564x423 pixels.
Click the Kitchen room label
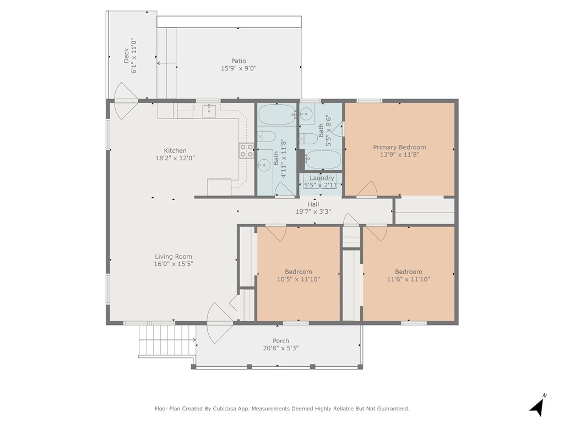click(175, 151)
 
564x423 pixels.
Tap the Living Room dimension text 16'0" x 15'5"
click(173, 264)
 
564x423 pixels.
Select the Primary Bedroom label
click(399, 147)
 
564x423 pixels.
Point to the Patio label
click(238, 61)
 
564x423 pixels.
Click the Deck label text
click(126, 56)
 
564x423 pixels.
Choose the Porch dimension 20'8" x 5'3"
click(281, 348)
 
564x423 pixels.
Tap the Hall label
click(313, 204)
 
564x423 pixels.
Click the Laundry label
click(322, 178)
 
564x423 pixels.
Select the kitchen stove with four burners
click(247, 150)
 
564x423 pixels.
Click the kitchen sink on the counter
click(209, 111)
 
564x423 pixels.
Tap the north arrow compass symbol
click(538, 405)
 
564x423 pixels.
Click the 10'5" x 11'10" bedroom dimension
click(299, 279)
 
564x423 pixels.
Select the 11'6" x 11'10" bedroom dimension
click(409, 279)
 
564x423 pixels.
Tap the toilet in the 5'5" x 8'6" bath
click(308, 138)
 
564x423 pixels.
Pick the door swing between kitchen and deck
click(126, 101)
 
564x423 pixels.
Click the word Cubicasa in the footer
click(225, 409)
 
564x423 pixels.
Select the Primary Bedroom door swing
click(367, 189)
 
